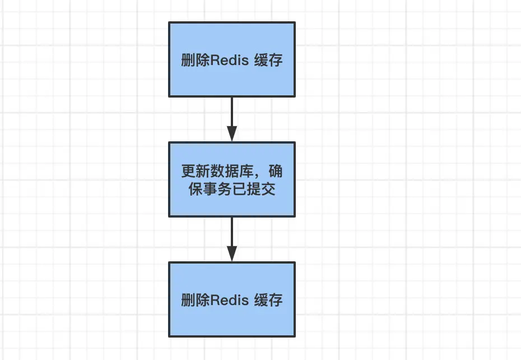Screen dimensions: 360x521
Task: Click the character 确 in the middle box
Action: click(x=275, y=170)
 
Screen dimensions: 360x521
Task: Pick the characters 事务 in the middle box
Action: click(x=216, y=189)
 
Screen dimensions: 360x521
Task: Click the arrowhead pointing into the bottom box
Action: click(x=232, y=253)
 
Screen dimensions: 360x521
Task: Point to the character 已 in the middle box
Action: click(x=243, y=189)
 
